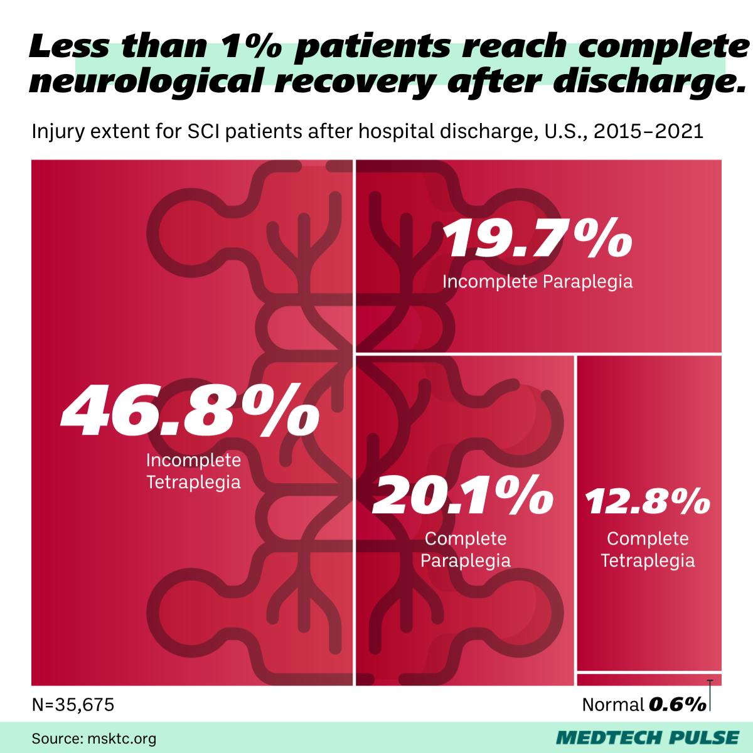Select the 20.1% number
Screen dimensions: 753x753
[x=463, y=494]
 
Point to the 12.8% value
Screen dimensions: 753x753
[x=648, y=501]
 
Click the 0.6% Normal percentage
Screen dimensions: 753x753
[x=677, y=705]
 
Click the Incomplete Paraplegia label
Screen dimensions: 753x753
[x=537, y=281]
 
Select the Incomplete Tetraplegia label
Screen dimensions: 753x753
[x=193, y=471]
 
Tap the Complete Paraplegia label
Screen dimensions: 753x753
[x=465, y=549]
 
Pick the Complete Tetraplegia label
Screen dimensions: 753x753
[x=648, y=549]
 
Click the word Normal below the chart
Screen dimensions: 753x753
[x=613, y=705]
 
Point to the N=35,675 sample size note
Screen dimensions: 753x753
[x=73, y=705]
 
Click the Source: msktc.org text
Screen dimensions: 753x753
[x=94, y=738]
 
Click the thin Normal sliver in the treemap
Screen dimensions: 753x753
[x=649, y=678]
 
